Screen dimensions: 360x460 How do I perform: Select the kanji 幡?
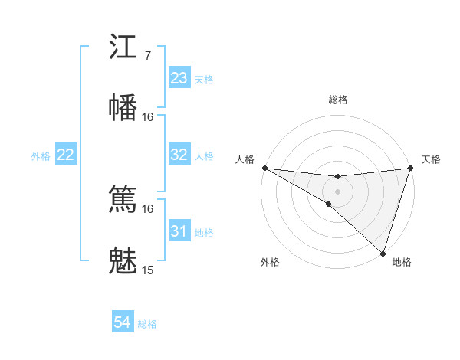point(123,106)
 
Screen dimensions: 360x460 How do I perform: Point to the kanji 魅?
point(123,261)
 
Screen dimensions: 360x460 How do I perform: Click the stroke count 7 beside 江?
point(147,55)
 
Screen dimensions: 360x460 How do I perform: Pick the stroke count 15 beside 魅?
point(147,270)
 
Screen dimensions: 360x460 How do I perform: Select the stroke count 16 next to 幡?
point(147,116)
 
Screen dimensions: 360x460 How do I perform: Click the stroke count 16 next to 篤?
point(147,208)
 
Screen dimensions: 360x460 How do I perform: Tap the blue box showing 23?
point(179,78)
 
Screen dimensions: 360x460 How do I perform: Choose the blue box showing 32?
point(179,155)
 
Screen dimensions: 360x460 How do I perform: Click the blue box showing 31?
point(179,231)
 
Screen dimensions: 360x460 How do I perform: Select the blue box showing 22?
point(66,155)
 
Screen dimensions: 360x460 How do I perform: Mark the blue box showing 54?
point(122,323)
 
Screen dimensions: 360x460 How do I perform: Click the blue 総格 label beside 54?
point(147,324)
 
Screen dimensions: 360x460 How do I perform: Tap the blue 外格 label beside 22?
point(41,155)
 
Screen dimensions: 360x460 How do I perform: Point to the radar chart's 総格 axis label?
point(338,100)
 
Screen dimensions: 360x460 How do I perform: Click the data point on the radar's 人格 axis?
point(264,168)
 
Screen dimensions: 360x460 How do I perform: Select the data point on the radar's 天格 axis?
point(410,168)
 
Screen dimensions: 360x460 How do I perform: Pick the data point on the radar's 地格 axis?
point(383,253)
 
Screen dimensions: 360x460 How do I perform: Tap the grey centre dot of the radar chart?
point(337,191)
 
